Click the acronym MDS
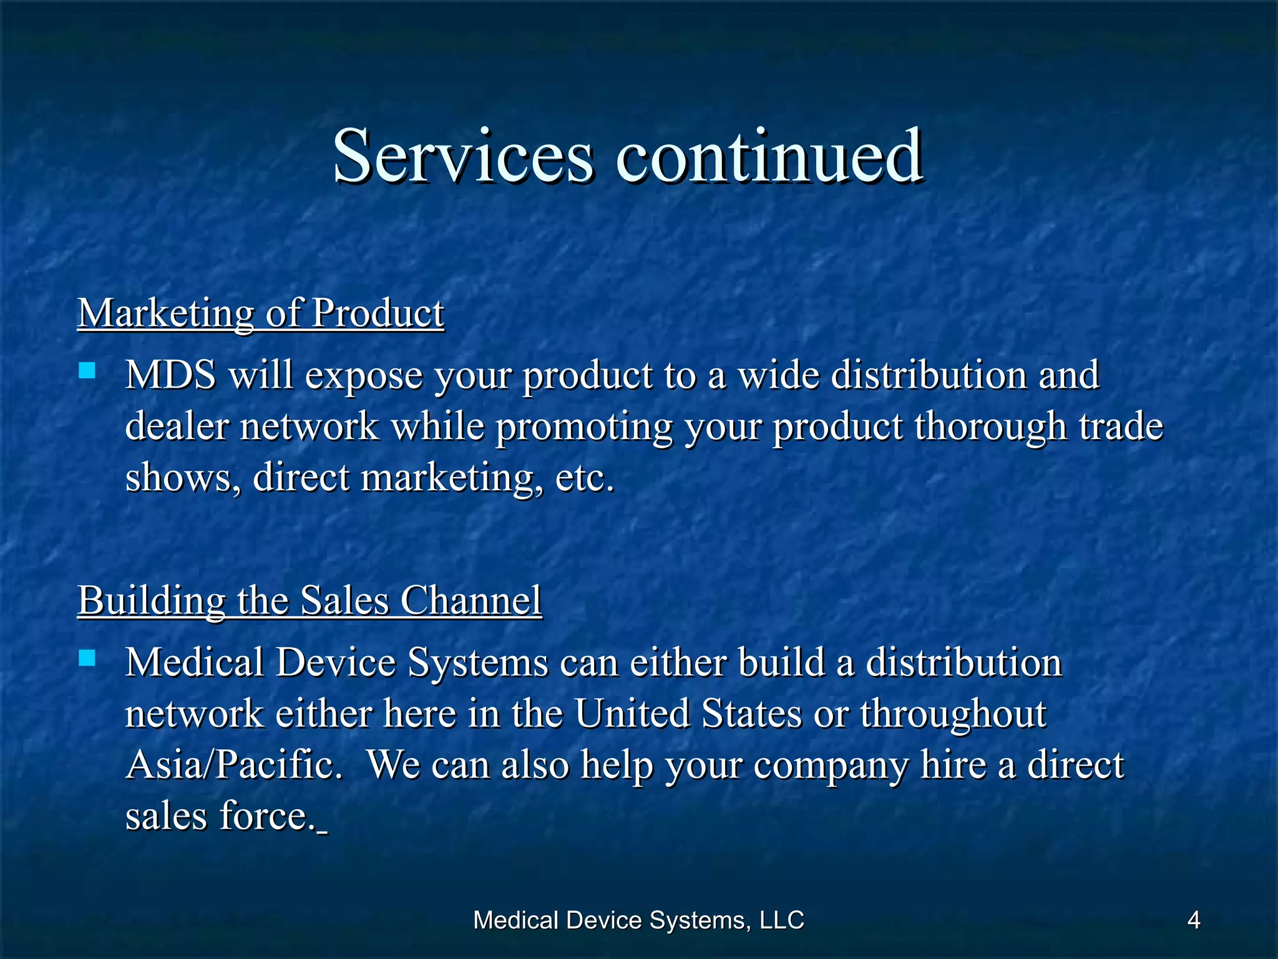pyautogui.click(x=170, y=375)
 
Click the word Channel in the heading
pyautogui.click(x=471, y=601)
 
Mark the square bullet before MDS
pyautogui.click(x=87, y=372)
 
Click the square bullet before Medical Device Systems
pyautogui.click(x=87, y=659)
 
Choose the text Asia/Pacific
pyautogui.click(x=234, y=765)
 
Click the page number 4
pyautogui.click(x=1193, y=920)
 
